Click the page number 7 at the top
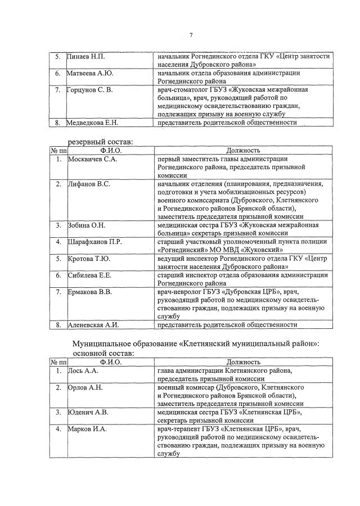pos(191,35)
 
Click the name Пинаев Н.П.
pos(86,57)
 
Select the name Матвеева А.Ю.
pos(90,73)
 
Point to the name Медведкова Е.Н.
pos(93,122)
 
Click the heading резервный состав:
pos(101,142)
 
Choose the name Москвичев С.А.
pos(92,160)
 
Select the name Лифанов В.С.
pos(88,184)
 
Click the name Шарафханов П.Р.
pos(94,242)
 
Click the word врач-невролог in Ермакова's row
pos(178,292)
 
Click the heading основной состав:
pos(103,353)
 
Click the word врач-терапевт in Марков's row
pos(178,429)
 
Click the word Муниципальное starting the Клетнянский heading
pos(102,344)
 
